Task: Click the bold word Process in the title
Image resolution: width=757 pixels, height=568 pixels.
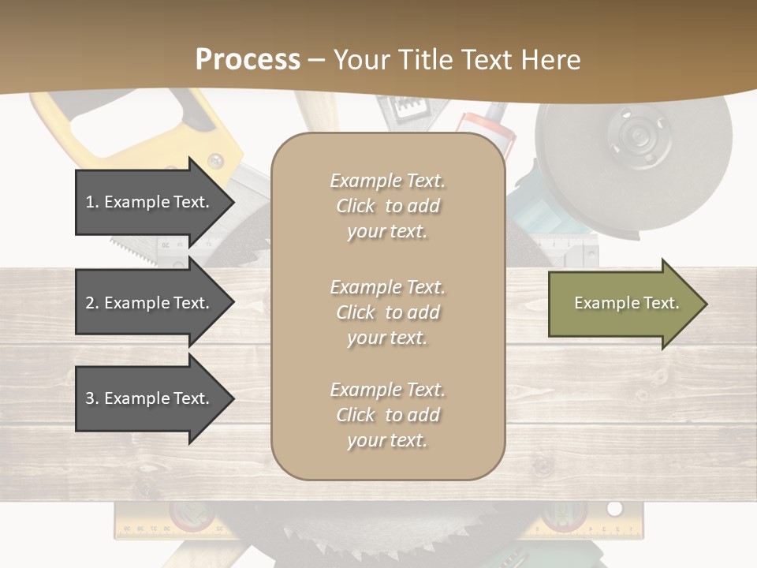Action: point(248,59)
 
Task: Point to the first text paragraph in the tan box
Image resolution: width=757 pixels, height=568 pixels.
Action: point(387,206)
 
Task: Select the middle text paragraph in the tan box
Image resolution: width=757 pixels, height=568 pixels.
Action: point(387,312)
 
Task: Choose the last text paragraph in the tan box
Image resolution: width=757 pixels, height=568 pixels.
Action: point(387,415)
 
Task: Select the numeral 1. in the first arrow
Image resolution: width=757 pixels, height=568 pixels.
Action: point(92,202)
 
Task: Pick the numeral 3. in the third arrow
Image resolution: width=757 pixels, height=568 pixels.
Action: point(92,398)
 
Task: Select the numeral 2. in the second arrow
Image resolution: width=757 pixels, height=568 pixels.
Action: point(92,303)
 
